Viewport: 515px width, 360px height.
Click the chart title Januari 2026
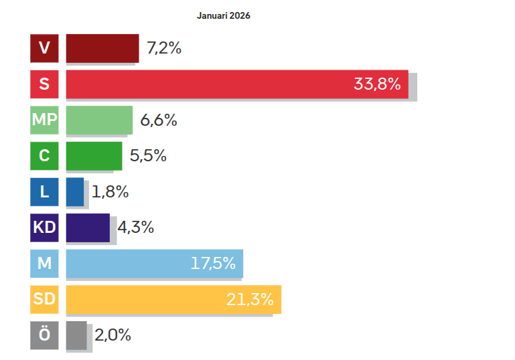[x=223, y=16]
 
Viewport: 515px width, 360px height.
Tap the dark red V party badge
[x=44, y=48]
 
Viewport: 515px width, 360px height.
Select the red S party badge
[x=44, y=84]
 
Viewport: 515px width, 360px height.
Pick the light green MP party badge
[x=44, y=120]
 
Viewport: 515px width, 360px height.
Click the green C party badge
[x=44, y=156]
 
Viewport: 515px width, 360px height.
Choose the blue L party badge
[x=44, y=192]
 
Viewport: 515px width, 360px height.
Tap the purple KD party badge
[x=44, y=228]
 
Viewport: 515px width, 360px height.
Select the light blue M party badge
[x=44, y=264]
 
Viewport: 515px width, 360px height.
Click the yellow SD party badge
[x=44, y=300]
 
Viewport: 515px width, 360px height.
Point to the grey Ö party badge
[x=44, y=335]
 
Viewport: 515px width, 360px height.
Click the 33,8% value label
[x=377, y=84]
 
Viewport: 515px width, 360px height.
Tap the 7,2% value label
[x=164, y=48]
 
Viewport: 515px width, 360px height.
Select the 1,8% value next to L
[x=110, y=191]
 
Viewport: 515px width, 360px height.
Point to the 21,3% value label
[x=250, y=299]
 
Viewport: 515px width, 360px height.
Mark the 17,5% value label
[x=213, y=263]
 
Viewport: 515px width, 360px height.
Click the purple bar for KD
[x=88, y=228]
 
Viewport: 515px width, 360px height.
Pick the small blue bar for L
[x=75, y=192]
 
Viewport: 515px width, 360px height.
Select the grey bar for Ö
[x=76, y=335]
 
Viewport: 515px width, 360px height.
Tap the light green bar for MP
[x=99, y=120]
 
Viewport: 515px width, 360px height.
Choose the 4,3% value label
[x=136, y=228]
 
